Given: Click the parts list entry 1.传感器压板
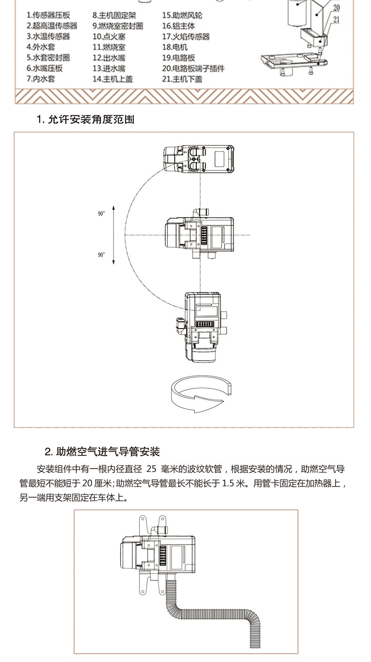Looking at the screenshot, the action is tap(48, 15).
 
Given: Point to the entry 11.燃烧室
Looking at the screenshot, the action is tap(109, 47).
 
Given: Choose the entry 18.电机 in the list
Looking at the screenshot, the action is tap(175, 47).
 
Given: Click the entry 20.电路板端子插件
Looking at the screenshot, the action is tap(193, 69).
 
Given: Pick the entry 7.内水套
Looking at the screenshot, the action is tap(41, 79).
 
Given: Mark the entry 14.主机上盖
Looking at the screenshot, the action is tap(112, 79).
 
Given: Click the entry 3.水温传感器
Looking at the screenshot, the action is tap(48, 36).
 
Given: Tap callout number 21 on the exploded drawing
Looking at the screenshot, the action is tap(336, 19).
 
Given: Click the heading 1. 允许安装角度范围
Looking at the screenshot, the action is tap(85, 120).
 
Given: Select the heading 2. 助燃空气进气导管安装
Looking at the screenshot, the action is tap(102, 452).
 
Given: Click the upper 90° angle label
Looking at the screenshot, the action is tap(101, 213).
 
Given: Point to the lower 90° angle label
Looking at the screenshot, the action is tap(101, 255).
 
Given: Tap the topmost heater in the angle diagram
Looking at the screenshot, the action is tap(199, 160).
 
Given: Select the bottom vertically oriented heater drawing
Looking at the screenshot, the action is tap(202, 326).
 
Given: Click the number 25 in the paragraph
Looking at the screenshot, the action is tap(151, 469).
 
